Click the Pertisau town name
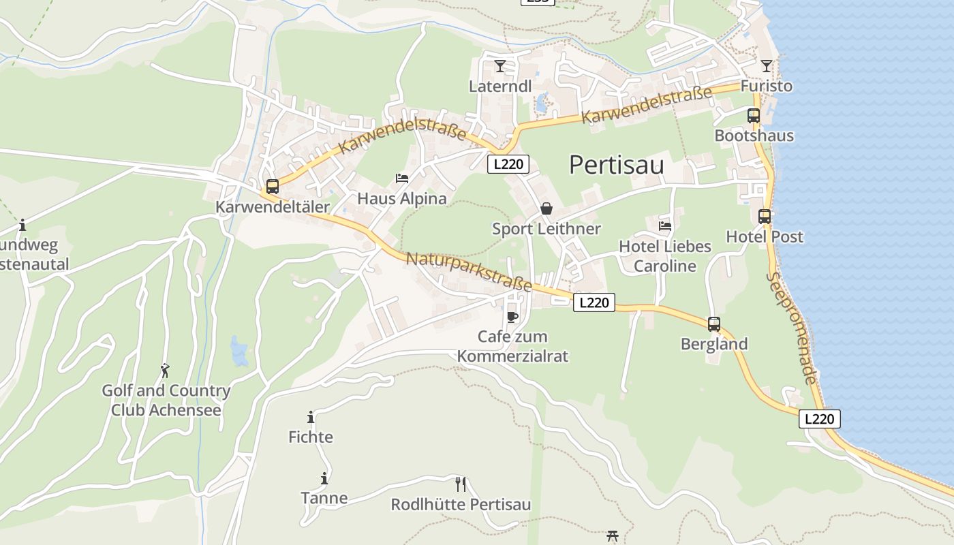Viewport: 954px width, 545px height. click(x=616, y=165)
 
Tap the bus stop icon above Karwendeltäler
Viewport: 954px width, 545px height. click(x=273, y=186)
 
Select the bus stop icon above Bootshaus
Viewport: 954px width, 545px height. click(x=753, y=115)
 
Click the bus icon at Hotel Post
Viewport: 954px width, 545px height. click(x=765, y=217)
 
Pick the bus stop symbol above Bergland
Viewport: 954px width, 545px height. click(x=714, y=324)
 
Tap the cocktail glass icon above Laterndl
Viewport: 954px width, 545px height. click(x=500, y=66)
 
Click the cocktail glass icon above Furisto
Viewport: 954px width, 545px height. click(x=767, y=66)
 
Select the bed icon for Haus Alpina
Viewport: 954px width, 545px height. click(x=402, y=178)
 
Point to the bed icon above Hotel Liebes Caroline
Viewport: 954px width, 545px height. click(x=665, y=225)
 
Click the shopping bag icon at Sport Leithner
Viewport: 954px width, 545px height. click(x=547, y=208)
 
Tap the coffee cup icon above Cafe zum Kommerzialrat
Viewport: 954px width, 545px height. click(x=512, y=317)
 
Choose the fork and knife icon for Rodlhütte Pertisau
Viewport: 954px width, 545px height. click(x=461, y=484)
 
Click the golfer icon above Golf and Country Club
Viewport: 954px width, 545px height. click(x=165, y=371)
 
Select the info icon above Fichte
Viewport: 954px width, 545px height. click(x=311, y=417)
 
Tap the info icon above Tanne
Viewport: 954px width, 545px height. click(x=324, y=478)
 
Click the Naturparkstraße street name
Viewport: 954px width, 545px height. click(x=469, y=272)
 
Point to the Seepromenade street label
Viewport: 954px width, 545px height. click(x=790, y=328)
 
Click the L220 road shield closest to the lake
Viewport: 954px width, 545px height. click(x=819, y=419)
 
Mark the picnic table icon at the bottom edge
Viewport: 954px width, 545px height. click(x=612, y=537)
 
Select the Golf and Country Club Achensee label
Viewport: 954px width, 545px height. click(x=166, y=401)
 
